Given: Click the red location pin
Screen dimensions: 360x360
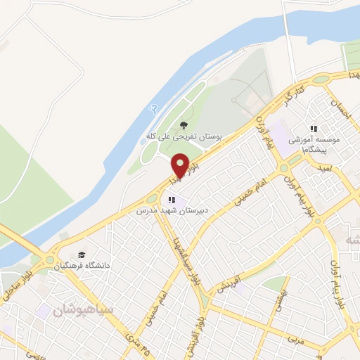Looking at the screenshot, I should [180, 165].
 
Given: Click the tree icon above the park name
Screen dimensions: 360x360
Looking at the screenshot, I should [184, 125].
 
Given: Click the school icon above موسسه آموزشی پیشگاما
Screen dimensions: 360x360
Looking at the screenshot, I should [314, 129].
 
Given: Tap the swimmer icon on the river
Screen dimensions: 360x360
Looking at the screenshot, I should [146, 108].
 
